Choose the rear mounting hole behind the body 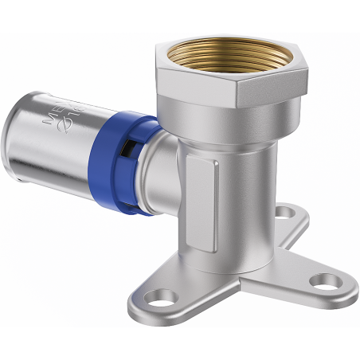coord(283,213)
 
